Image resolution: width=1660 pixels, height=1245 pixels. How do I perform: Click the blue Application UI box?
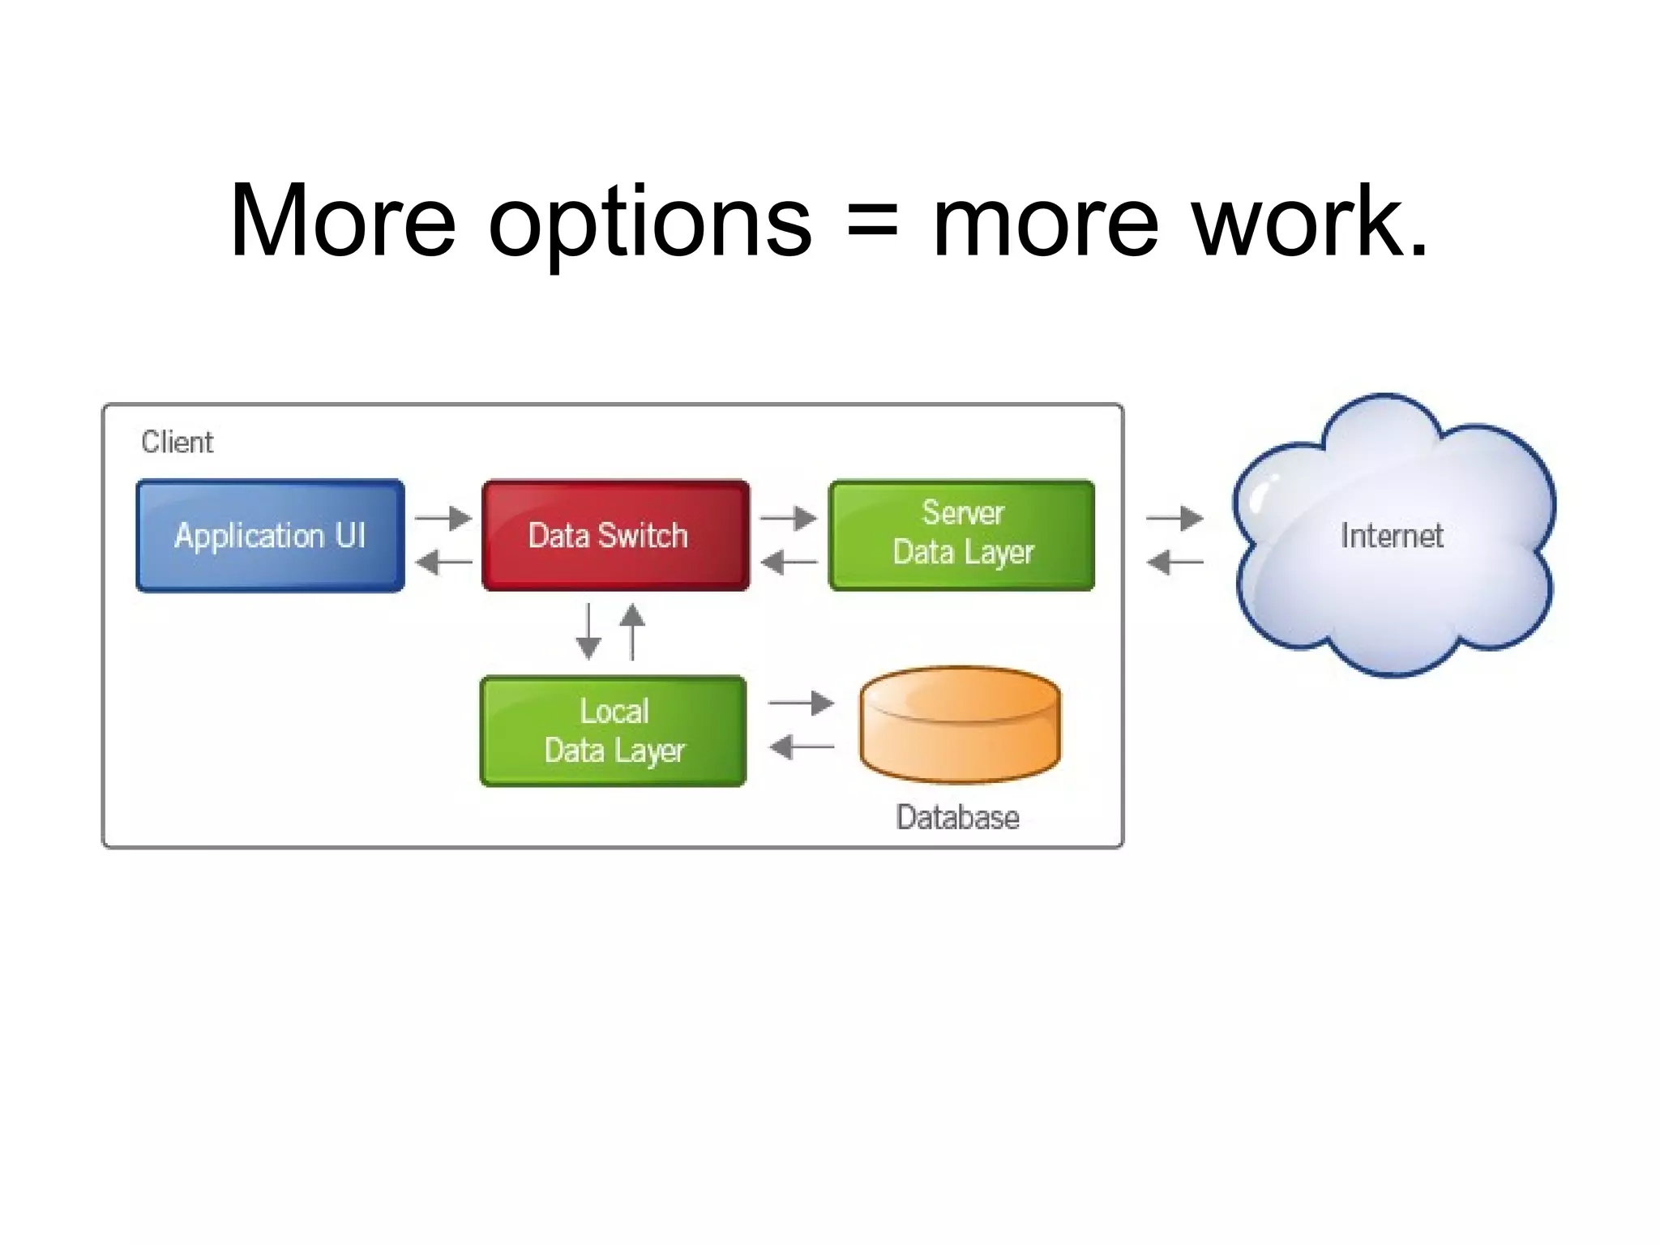point(270,536)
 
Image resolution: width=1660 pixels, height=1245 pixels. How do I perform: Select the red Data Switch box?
point(615,536)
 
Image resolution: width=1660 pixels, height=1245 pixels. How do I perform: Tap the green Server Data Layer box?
point(961,536)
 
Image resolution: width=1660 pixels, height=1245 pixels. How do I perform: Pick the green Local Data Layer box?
point(614,731)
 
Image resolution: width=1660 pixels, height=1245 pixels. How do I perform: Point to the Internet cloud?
point(1391,537)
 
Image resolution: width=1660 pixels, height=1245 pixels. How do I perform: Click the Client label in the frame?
point(177,443)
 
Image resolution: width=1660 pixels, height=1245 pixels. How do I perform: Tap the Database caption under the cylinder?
point(957,818)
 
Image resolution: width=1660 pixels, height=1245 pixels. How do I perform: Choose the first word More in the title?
point(343,220)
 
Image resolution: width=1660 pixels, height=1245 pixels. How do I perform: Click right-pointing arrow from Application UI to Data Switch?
point(443,517)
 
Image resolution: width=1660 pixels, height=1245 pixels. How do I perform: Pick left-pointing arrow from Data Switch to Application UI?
point(443,561)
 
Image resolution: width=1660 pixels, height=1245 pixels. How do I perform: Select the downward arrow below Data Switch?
point(588,631)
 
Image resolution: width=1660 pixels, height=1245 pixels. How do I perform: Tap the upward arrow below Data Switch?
point(632,631)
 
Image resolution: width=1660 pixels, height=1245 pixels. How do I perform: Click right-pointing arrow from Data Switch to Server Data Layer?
point(789,517)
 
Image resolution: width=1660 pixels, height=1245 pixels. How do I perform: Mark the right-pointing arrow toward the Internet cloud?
point(1175,517)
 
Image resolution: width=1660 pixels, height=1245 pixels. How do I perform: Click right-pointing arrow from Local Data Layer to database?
point(801,703)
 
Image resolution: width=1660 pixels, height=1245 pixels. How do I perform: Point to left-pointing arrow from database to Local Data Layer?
point(801,747)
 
